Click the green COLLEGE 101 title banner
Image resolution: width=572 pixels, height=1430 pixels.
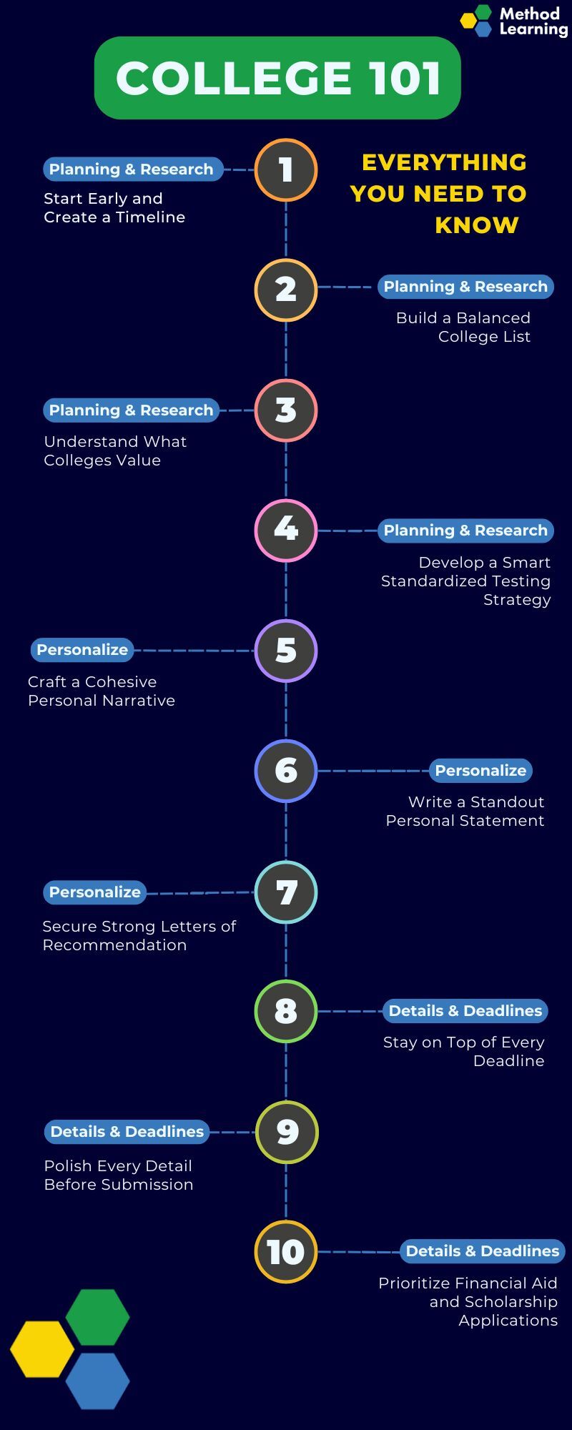tap(277, 78)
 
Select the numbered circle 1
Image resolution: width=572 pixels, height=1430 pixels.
tap(286, 170)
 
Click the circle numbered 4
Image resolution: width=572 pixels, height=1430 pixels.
tap(286, 530)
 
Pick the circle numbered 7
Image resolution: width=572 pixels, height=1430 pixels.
tap(286, 892)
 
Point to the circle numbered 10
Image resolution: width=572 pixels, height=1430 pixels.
tap(286, 1252)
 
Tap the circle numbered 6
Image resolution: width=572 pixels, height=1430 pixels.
tap(286, 771)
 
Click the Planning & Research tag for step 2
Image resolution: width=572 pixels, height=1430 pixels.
tap(465, 287)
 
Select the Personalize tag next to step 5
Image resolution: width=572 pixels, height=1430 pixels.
tap(82, 650)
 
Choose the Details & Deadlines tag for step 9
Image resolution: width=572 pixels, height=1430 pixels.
tap(127, 1132)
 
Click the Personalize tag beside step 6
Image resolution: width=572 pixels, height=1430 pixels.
tap(480, 771)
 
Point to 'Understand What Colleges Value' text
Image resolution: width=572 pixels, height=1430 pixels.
tap(114, 451)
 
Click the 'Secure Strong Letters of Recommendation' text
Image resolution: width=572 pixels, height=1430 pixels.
tap(139, 936)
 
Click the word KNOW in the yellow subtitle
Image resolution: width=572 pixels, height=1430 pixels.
tap(477, 225)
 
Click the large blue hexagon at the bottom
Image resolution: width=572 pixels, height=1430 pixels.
tap(98, 1381)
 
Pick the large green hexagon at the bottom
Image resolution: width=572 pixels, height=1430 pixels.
tap(98, 1317)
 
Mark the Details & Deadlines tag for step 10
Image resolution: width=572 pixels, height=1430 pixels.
tap(483, 1251)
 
